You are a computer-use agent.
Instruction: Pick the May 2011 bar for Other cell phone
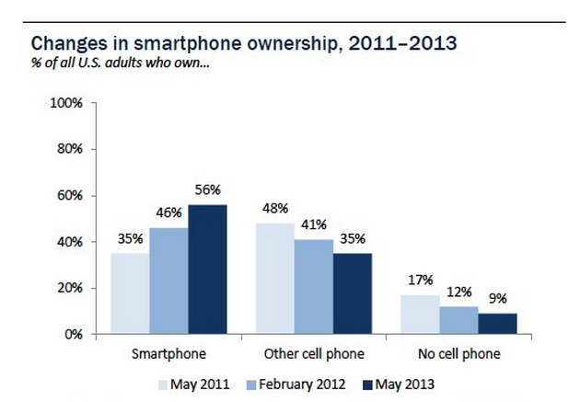276,279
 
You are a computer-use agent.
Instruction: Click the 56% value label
206,190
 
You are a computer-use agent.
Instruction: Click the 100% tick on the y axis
68,103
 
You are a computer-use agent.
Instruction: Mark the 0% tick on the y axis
74,334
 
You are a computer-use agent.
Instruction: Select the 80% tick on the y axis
71,149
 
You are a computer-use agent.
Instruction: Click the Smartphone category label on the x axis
169,353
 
